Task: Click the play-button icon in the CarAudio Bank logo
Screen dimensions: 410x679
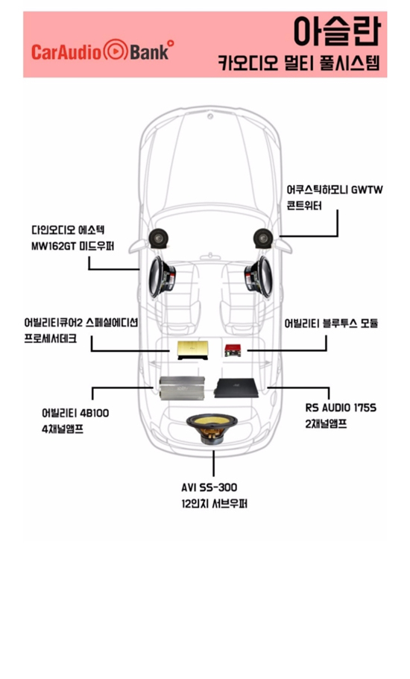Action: [x=115, y=51]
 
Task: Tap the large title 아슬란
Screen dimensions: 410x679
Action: [x=336, y=31]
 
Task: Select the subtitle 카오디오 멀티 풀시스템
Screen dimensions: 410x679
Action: [x=299, y=63]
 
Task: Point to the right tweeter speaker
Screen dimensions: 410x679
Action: [x=263, y=239]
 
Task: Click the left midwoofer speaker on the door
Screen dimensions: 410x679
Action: [x=162, y=277]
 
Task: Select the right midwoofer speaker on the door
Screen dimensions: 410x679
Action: [x=259, y=277]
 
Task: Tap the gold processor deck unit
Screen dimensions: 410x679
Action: [x=192, y=350]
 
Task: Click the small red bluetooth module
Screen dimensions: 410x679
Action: [x=233, y=350]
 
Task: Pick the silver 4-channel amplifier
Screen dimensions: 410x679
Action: [x=182, y=388]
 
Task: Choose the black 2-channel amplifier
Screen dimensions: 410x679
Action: [x=236, y=388]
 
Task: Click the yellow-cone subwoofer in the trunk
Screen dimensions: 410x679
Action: [x=212, y=429]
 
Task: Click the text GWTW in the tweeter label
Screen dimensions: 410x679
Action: [x=368, y=189]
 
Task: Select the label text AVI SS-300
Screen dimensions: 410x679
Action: [x=209, y=487]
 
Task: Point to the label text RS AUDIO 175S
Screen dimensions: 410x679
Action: [x=341, y=408]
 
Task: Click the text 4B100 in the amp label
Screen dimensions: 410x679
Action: [x=95, y=413]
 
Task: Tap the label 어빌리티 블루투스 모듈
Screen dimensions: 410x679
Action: [x=331, y=323]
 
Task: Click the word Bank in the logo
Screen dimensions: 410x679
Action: [x=149, y=52]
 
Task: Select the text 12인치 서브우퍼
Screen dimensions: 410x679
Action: [x=214, y=504]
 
